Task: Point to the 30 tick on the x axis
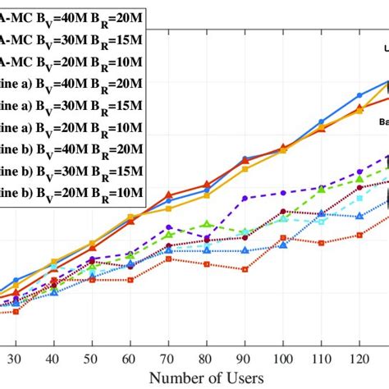(x=14, y=359)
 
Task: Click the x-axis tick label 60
(x=130, y=359)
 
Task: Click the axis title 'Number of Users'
(x=207, y=378)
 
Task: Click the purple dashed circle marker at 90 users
(x=245, y=199)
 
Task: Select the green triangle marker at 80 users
(x=206, y=223)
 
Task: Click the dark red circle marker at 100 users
(x=283, y=148)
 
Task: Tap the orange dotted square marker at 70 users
(x=167, y=259)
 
